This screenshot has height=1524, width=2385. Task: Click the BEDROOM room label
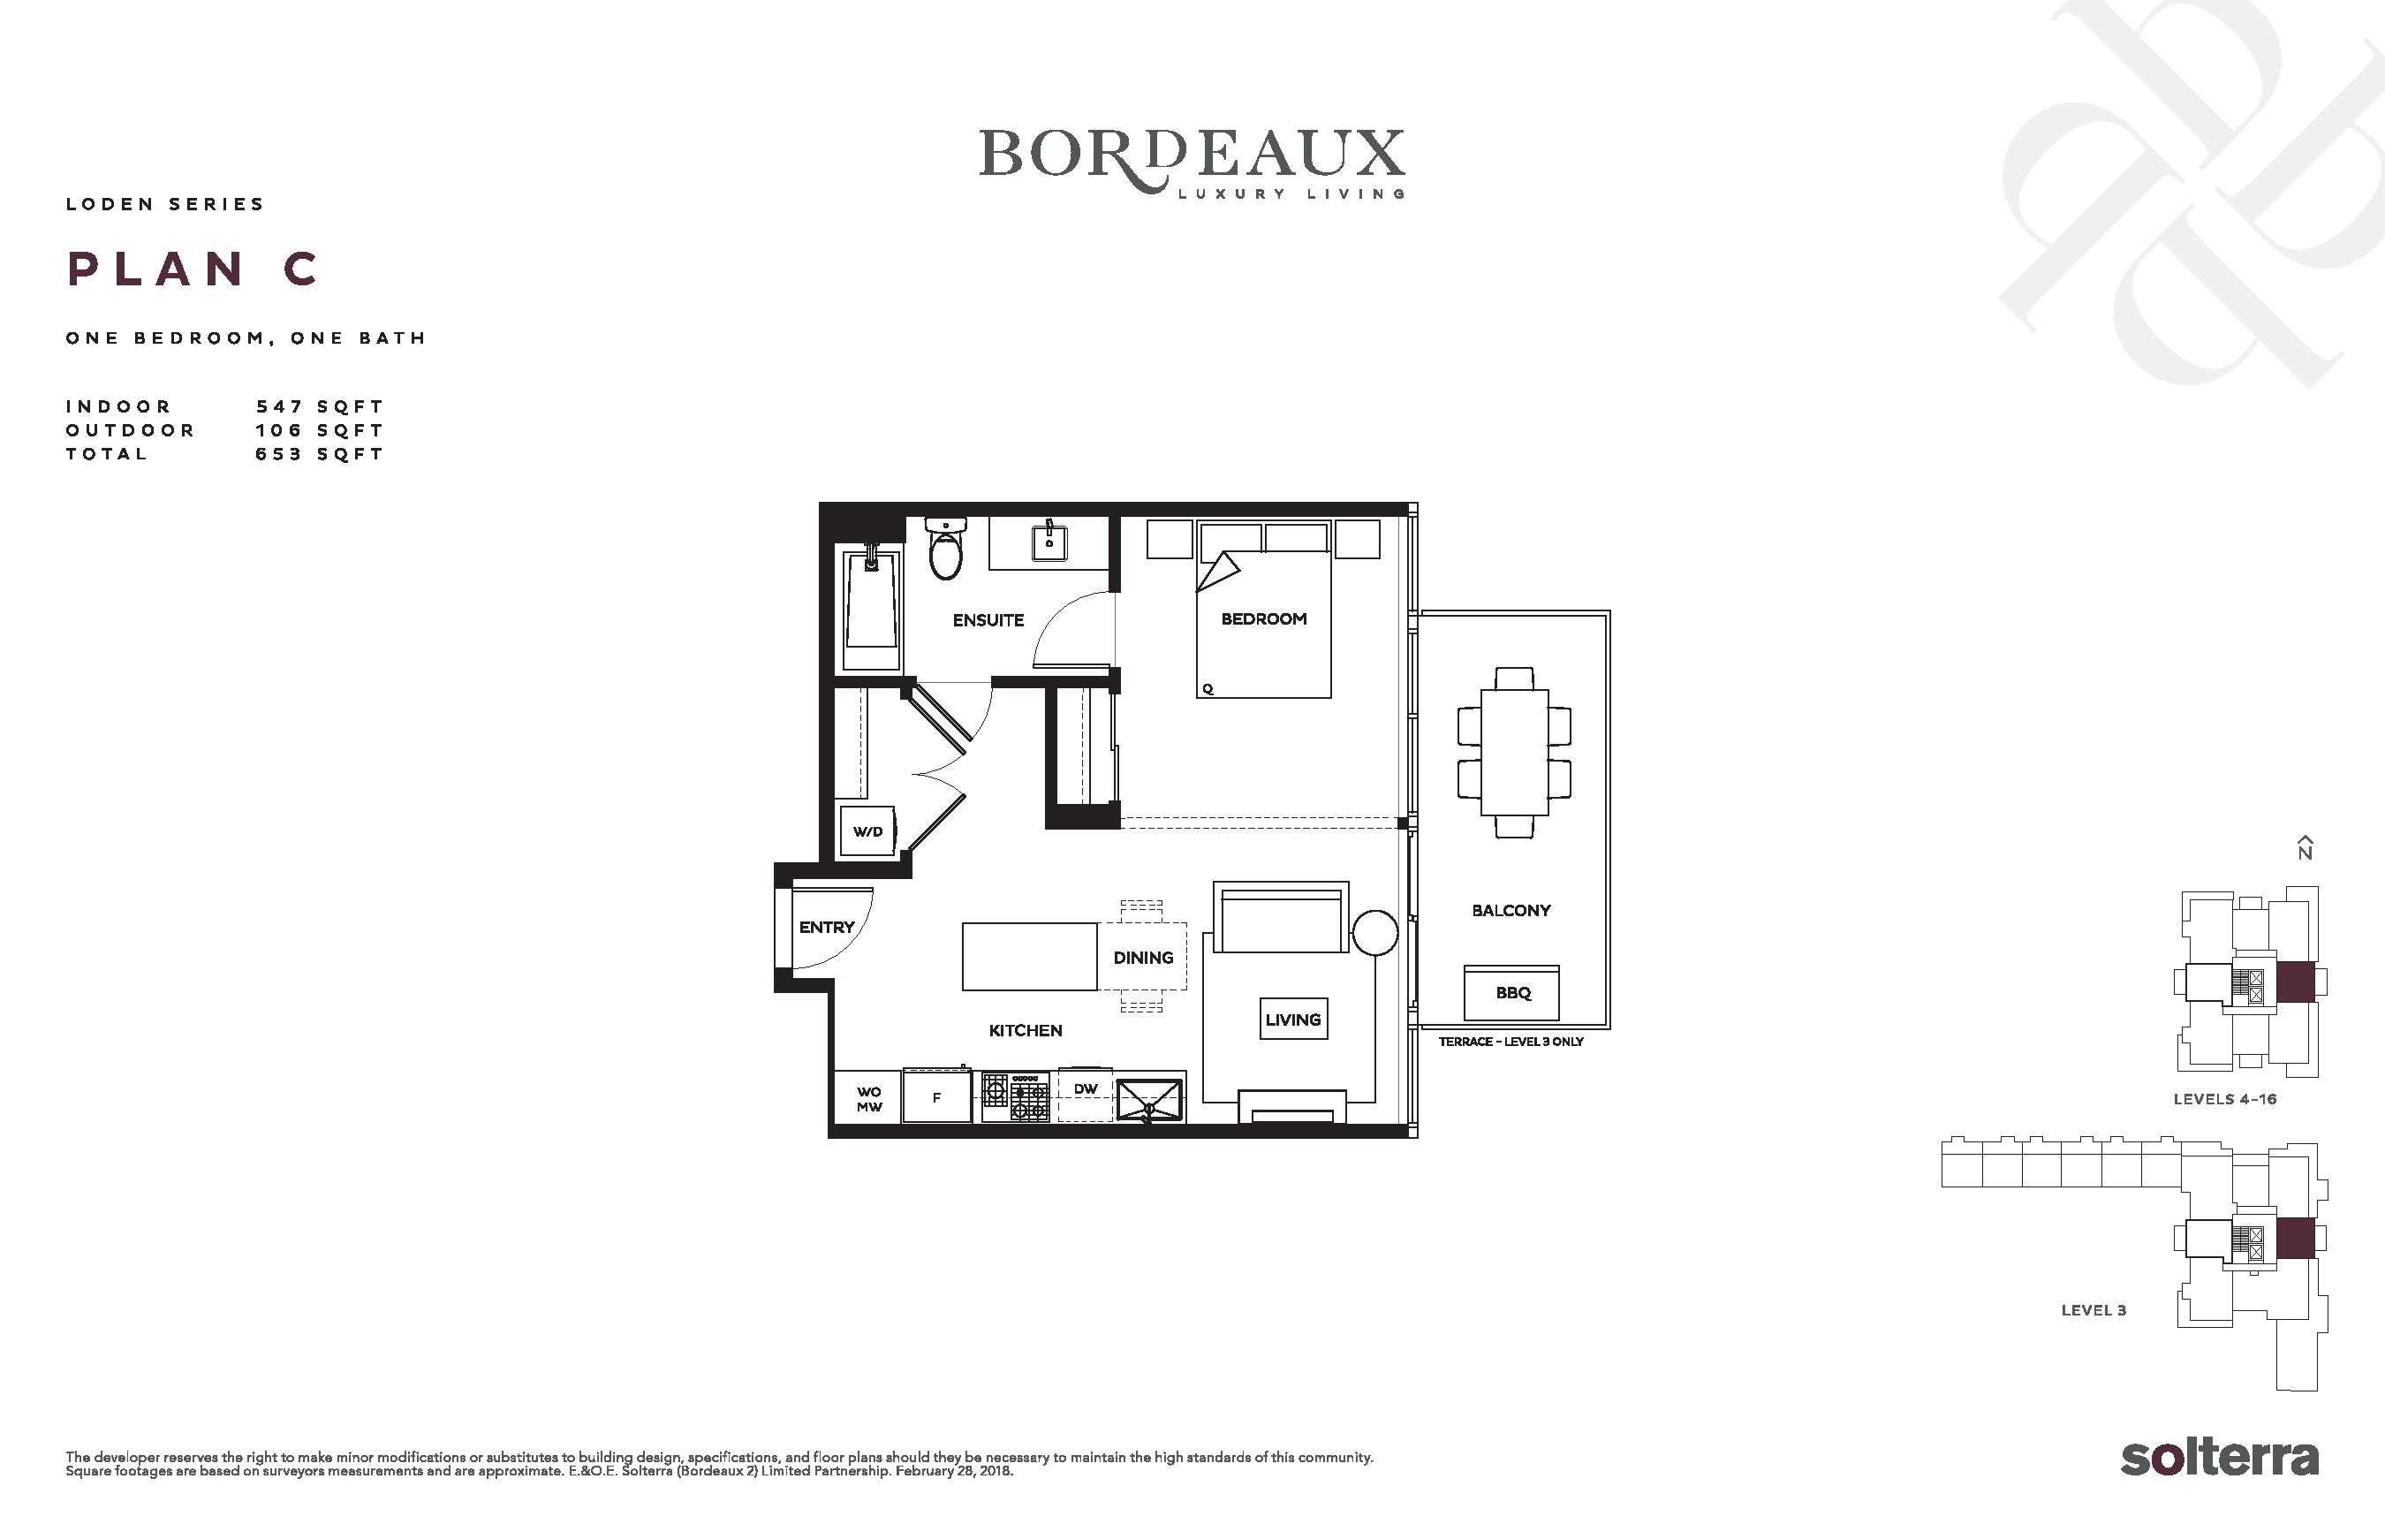coord(1264,619)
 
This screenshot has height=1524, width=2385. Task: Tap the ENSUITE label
coord(988,620)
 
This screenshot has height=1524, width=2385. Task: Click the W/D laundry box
coord(867,831)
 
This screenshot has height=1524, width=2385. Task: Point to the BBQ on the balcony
coord(1512,993)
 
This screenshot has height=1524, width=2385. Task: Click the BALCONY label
coord(1510,911)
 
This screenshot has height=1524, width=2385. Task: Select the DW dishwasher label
coord(1086,1089)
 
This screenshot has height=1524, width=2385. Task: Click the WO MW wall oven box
coord(868,1098)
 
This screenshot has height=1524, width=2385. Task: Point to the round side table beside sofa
coord(1374,932)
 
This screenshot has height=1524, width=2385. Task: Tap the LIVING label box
coord(1292,1019)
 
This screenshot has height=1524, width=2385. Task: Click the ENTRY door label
coord(826,928)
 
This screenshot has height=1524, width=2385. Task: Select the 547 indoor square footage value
coord(278,406)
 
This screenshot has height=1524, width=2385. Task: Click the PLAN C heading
coord(193,269)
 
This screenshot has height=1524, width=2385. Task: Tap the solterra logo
coord(2219,1458)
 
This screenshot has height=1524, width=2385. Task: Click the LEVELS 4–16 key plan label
coord(2224,1099)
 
